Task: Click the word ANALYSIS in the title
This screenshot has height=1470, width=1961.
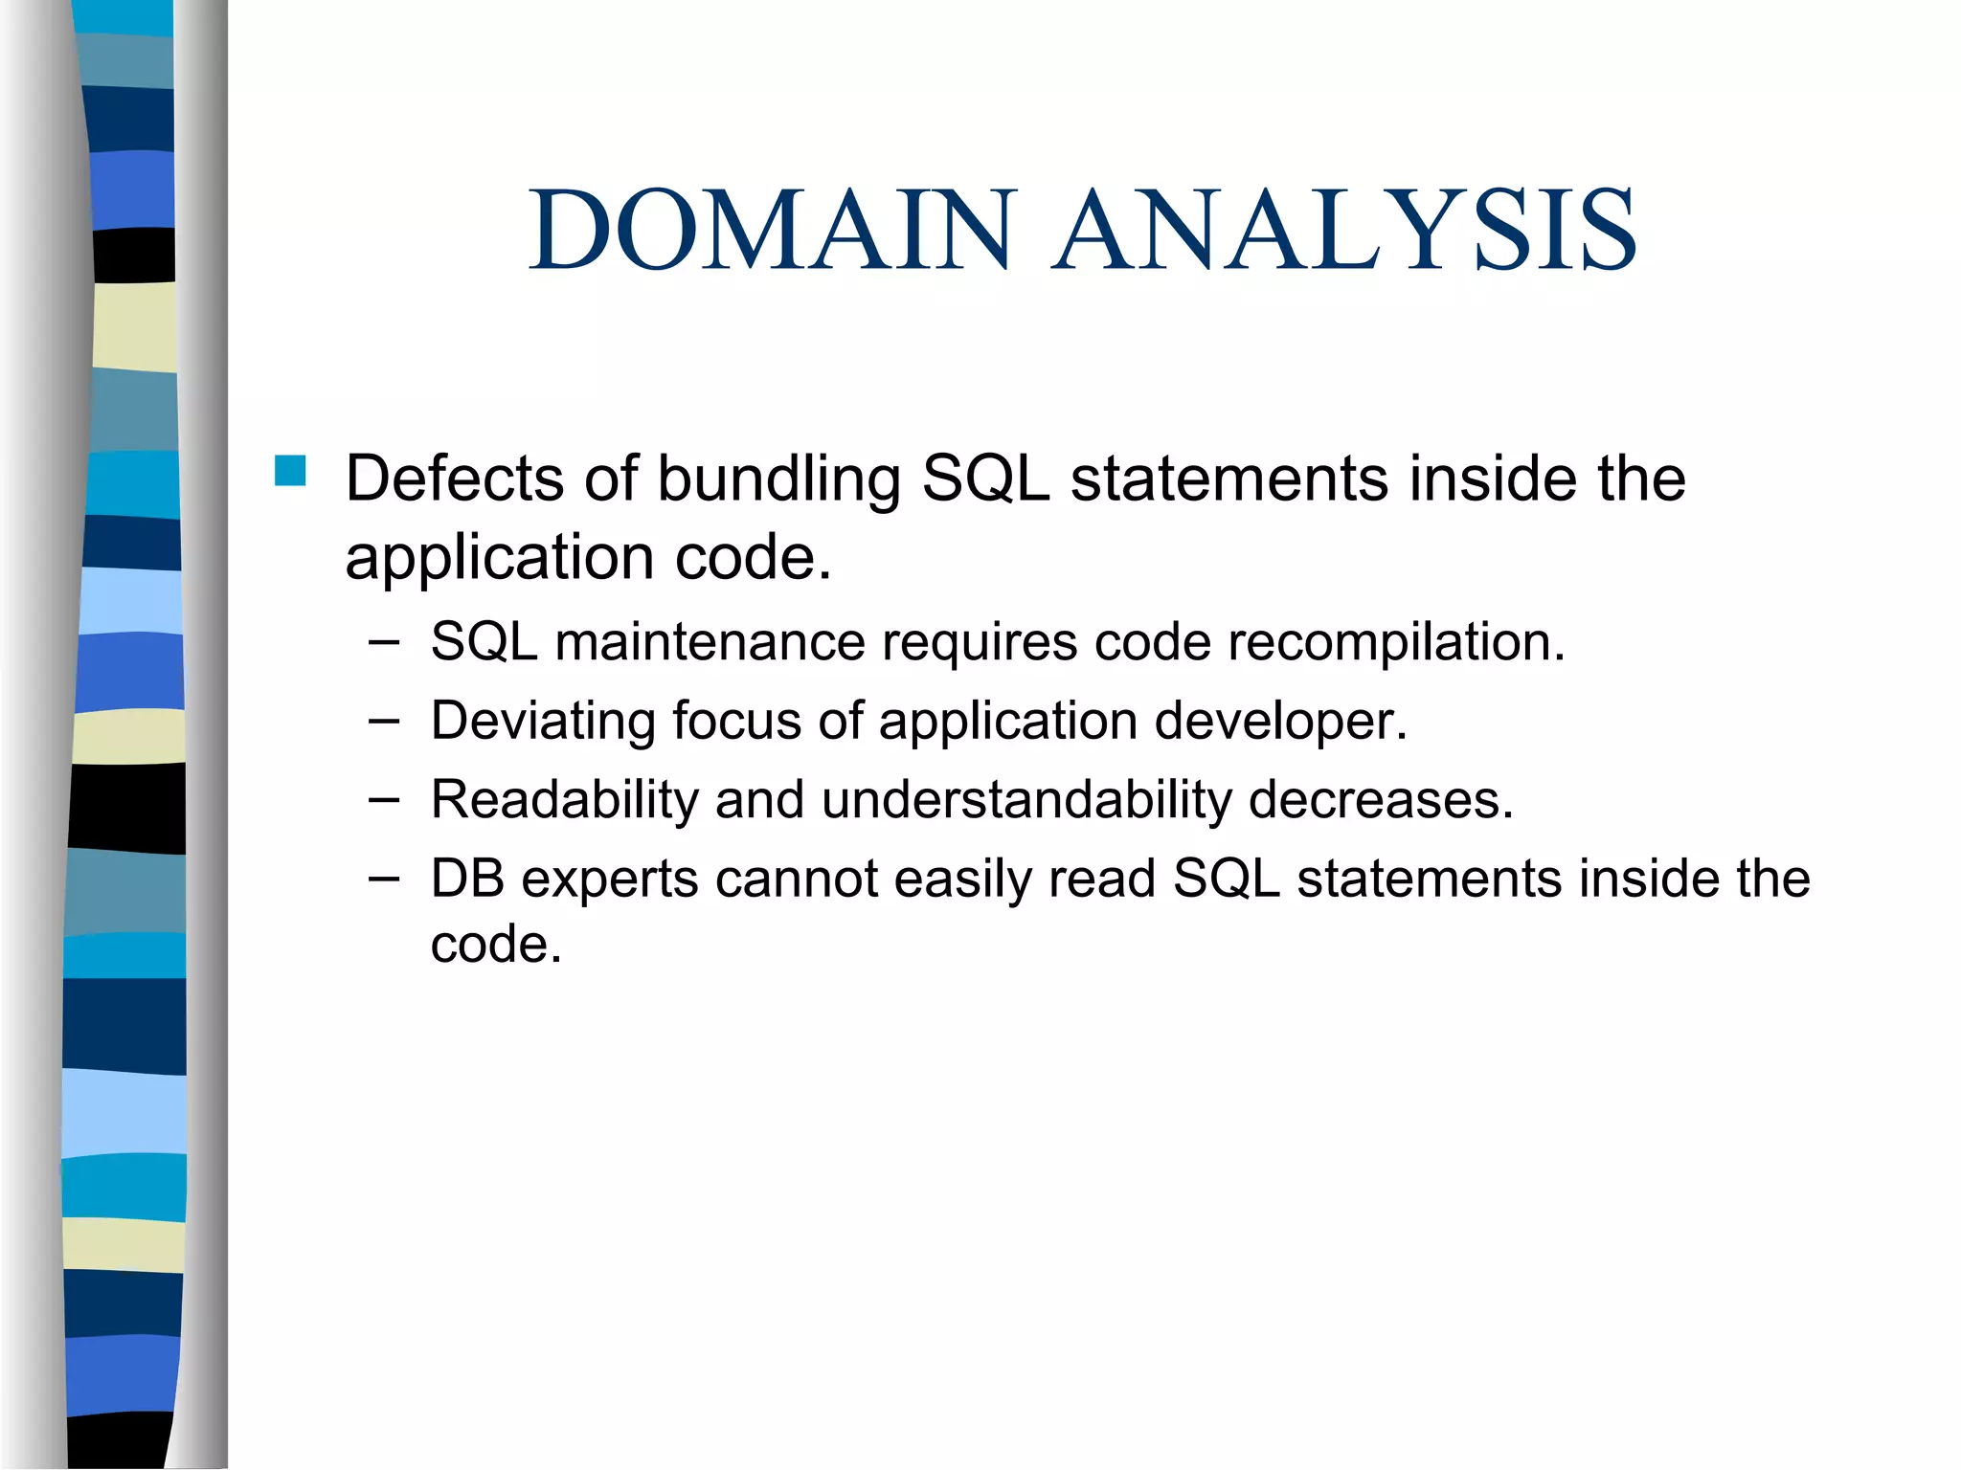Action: (1345, 231)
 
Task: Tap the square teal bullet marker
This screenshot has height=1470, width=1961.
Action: (289, 471)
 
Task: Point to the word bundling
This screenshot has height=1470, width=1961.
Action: (778, 479)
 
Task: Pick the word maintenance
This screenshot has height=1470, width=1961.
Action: (710, 642)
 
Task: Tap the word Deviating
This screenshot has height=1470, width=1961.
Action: (542, 723)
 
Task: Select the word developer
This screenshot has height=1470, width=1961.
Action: (1281, 723)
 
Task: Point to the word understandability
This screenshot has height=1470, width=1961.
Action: (1026, 801)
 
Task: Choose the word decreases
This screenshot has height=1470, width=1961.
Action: (1381, 801)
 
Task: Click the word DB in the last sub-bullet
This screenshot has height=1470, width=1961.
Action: (466, 880)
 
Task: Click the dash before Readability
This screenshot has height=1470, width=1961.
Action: (384, 800)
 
